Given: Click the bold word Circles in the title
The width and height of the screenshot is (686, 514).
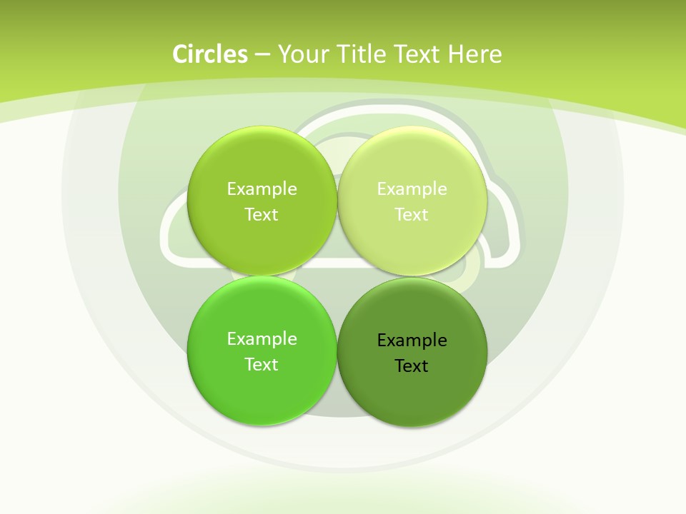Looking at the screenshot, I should pyautogui.click(x=210, y=54).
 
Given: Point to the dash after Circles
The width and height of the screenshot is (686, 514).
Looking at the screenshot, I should pyautogui.click(x=262, y=55).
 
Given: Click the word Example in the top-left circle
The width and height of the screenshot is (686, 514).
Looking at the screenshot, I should pyautogui.click(x=262, y=189).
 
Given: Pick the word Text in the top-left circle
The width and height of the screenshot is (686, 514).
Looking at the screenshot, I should pyautogui.click(x=262, y=215).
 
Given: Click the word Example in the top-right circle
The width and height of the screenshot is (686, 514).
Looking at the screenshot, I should pyautogui.click(x=412, y=189).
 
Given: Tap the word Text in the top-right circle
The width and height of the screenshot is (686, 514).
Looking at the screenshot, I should pyautogui.click(x=412, y=215).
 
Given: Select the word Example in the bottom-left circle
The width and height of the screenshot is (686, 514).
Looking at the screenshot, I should pyautogui.click(x=262, y=339).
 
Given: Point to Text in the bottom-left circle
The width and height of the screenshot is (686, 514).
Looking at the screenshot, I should pyautogui.click(x=262, y=365).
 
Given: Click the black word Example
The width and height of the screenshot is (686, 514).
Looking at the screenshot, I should pyautogui.click(x=412, y=341).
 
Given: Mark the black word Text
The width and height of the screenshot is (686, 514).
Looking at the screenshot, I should pyautogui.click(x=412, y=366).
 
